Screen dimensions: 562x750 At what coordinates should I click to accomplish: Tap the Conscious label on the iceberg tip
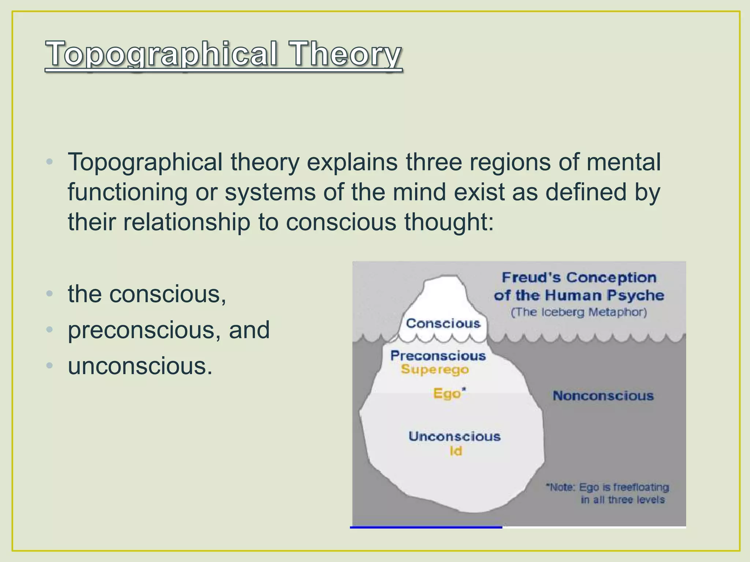(x=443, y=323)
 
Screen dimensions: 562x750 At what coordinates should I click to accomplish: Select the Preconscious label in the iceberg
(x=438, y=356)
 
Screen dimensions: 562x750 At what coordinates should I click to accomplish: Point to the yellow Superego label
(x=435, y=370)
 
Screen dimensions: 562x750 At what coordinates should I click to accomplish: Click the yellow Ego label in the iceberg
(x=447, y=394)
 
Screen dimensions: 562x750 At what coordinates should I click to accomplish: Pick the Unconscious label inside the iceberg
(x=454, y=437)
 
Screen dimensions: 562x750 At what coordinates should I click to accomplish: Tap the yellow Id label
(x=456, y=451)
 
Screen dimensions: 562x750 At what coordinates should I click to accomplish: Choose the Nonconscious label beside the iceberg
(x=603, y=396)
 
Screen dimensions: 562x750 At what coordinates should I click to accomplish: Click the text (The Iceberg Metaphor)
(x=579, y=312)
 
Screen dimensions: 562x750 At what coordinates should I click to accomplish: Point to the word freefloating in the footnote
(x=641, y=487)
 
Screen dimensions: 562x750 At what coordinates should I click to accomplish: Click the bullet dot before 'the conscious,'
(x=50, y=294)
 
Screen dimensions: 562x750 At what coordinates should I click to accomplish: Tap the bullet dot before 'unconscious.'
(x=50, y=366)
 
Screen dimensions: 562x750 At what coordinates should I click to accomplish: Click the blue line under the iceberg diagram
(x=426, y=527)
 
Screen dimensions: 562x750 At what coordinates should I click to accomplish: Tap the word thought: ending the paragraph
(x=449, y=222)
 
